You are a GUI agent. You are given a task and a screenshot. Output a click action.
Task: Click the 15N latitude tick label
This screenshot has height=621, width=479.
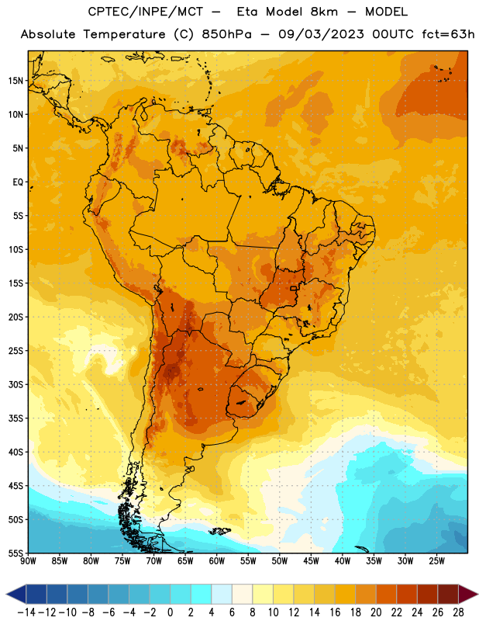[16, 81]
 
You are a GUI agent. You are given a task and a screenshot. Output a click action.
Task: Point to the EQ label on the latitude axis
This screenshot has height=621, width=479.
[18, 182]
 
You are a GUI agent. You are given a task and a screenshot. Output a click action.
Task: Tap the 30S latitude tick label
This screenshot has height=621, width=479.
[16, 384]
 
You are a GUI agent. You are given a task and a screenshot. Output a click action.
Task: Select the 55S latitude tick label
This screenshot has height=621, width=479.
[16, 553]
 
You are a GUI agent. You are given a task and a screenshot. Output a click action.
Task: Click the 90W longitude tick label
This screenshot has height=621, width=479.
[28, 560]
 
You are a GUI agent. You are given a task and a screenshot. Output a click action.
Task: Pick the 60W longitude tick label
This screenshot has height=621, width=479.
[217, 560]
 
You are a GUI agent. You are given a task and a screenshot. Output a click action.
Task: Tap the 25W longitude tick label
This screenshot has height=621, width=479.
[436, 560]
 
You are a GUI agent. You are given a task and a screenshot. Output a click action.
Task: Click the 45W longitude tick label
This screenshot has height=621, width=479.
[311, 560]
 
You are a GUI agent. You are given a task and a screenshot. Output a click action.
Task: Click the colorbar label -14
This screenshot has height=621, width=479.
[26, 612]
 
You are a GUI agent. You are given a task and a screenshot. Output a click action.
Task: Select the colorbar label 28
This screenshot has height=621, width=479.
[458, 612]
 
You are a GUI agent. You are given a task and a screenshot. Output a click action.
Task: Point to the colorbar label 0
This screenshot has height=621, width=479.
[171, 612]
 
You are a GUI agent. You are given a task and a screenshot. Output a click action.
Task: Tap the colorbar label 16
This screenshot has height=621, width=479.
[335, 612]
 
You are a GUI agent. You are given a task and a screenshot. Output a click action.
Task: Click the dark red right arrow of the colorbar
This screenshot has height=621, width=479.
[467, 594]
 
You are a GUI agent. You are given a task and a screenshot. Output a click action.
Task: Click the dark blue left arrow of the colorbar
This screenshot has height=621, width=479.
[16, 594]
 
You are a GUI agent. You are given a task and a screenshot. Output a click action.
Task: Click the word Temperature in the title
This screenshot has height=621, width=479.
[124, 34]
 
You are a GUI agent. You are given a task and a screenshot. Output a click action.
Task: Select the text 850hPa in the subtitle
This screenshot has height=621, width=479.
[226, 34]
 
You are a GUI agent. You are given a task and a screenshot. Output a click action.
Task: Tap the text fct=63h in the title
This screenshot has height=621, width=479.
[448, 34]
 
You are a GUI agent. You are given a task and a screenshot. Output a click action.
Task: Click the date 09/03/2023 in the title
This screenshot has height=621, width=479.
[321, 34]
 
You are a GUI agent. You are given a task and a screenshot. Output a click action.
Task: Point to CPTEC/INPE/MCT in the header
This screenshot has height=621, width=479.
[146, 12]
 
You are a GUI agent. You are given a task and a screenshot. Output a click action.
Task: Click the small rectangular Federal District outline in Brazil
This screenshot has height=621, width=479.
[293, 288]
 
